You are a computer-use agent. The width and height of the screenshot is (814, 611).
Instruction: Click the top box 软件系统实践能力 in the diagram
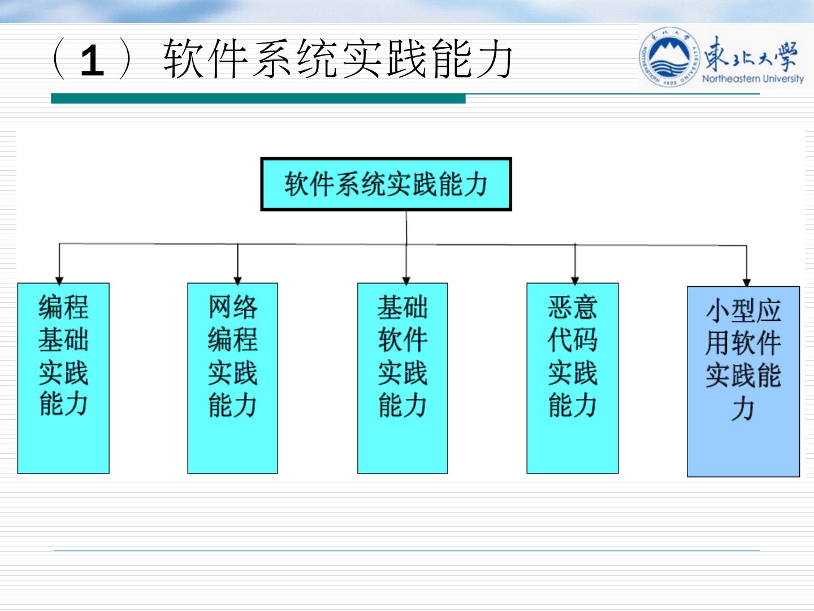click(x=386, y=184)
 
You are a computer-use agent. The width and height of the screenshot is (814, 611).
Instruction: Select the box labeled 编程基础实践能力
click(x=63, y=378)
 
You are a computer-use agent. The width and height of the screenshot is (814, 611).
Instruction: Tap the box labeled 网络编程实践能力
click(x=232, y=378)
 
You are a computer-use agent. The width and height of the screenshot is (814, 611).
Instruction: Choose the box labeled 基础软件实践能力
click(x=402, y=378)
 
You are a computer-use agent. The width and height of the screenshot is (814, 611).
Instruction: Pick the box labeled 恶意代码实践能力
click(x=572, y=378)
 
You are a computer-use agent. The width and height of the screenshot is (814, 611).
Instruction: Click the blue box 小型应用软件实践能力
click(x=743, y=381)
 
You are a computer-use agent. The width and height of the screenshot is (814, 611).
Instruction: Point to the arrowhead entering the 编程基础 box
click(x=59, y=279)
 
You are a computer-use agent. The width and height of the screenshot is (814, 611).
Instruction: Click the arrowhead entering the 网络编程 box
click(x=237, y=279)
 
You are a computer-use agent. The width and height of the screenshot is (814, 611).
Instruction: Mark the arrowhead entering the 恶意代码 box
click(x=575, y=279)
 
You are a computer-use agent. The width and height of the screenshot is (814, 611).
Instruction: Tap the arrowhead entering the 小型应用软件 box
click(x=746, y=282)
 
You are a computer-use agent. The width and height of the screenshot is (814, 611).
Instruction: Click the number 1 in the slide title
click(x=93, y=61)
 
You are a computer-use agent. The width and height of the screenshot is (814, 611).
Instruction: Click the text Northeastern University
click(x=752, y=79)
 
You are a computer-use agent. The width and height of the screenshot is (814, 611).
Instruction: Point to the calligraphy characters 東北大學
click(x=751, y=55)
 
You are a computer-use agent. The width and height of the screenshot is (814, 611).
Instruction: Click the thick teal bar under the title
click(x=258, y=99)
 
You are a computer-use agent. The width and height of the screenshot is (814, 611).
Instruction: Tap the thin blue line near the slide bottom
click(x=407, y=550)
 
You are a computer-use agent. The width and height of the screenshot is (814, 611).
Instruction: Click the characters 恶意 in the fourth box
click(x=572, y=308)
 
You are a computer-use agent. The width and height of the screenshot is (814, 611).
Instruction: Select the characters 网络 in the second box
click(x=232, y=308)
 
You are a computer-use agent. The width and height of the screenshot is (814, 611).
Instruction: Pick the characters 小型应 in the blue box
click(x=743, y=311)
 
